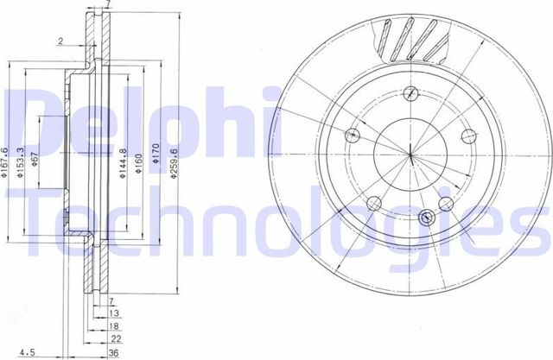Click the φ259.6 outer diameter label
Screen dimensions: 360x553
coord(174,165)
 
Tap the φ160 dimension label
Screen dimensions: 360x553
coord(137,164)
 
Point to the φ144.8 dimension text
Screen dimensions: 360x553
coord(123,162)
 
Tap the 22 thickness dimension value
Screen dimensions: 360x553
coord(114,339)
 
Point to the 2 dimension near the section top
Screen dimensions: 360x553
coord(60,41)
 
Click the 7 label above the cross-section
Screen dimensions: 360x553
coord(107,5)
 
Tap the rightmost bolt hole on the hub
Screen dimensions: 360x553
coord(469,135)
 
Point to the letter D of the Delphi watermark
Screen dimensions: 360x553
coord(35,112)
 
